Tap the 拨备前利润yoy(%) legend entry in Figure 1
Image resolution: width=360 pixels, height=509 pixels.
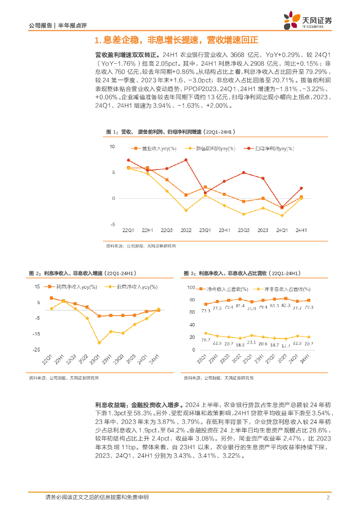click(209, 149)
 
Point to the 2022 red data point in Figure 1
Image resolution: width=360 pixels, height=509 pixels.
click(186, 160)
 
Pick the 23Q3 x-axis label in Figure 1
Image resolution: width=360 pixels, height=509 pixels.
click(243, 230)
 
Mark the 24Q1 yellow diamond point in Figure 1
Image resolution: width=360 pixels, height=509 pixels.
click(282, 216)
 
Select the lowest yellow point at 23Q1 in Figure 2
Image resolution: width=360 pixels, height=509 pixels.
click(99, 342)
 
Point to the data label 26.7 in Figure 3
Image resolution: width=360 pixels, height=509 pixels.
click(206, 339)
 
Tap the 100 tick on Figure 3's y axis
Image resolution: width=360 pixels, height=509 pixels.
click(192, 288)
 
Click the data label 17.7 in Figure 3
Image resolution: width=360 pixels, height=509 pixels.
click(285, 345)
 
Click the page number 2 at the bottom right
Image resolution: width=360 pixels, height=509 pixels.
click(328, 498)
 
